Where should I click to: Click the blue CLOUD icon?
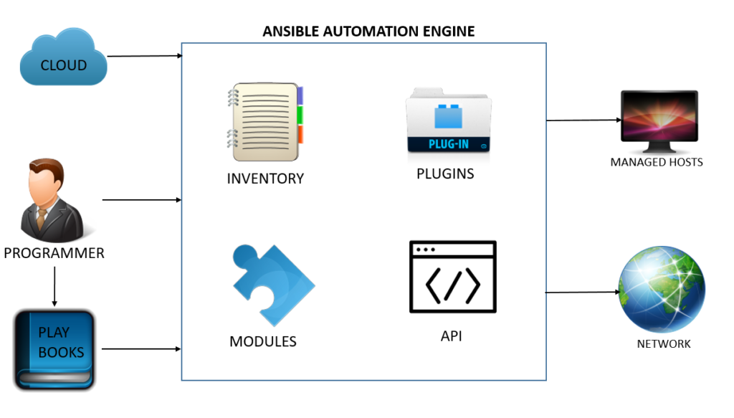63,60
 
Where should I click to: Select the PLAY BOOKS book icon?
55,350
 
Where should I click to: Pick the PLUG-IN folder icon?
449,120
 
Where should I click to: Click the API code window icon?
452,277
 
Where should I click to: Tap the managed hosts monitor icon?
658,121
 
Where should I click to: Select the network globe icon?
662,290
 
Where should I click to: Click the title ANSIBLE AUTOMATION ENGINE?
368,32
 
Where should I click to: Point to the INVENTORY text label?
265,179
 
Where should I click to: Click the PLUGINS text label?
445,174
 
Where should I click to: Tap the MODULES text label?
262,341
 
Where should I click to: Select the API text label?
451,336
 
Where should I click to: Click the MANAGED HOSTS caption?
656,162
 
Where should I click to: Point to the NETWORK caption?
663,344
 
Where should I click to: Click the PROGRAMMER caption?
54,253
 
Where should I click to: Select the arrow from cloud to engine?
143,56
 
